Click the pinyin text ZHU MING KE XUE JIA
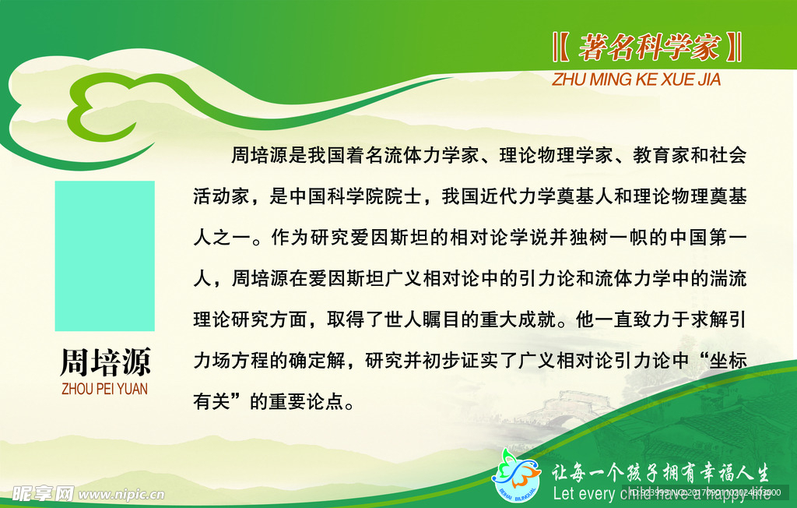pos(636,79)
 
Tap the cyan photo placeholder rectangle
pos(104,256)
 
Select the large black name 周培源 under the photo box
pos(104,363)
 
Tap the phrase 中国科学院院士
pos(355,197)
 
